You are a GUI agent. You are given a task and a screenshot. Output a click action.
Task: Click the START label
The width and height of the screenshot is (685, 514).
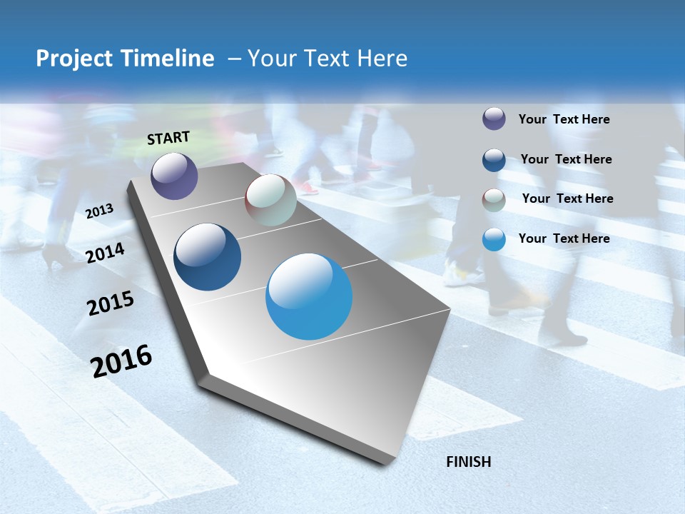pyautogui.click(x=168, y=138)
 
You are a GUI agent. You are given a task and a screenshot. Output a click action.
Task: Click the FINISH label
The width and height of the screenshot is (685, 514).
pyautogui.click(x=469, y=462)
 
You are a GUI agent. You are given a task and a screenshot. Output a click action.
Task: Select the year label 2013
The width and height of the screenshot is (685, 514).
pyautogui.click(x=100, y=211)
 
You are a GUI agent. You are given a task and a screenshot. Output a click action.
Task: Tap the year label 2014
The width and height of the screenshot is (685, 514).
pyautogui.click(x=106, y=253)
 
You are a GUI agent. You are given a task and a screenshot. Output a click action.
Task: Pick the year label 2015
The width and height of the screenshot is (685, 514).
pyautogui.click(x=111, y=303)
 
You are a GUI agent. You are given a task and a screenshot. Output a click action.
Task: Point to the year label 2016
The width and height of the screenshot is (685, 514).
pyautogui.click(x=122, y=361)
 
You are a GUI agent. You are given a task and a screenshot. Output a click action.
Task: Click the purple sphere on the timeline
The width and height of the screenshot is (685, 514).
pyautogui.click(x=174, y=176)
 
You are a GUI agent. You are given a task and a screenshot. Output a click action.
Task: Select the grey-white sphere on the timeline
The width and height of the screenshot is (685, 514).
pyautogui.click(x=270, y=200)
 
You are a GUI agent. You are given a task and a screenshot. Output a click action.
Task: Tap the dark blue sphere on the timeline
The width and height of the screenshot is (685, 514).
pyautogui.click(x=207, y=257)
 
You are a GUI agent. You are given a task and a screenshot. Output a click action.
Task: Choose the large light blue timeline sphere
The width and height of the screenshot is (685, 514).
pyautogui.click(x=309, y=296)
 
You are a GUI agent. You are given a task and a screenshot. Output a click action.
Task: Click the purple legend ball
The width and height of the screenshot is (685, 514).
pyautogui.click(x=494, y=119)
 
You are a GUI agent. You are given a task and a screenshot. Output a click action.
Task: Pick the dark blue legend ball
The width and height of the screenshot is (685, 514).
pyautogui.click(x=494, y=159)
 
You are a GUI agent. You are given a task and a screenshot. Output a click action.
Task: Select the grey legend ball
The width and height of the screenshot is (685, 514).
pyautogui.click(x=494, y=199)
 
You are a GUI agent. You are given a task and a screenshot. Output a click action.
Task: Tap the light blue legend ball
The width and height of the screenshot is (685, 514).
pyautogui.click(x=494, y=239)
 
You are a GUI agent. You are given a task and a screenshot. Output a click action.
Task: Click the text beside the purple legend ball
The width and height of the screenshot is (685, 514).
pyautogui.click(x=564, y=119)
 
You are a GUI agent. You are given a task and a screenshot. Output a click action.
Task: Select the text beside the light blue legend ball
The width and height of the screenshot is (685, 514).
pyautogui.click(x=564, y=238)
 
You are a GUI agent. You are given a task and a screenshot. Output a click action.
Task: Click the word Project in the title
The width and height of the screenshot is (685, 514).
pyautogui.click(x=74, y=59)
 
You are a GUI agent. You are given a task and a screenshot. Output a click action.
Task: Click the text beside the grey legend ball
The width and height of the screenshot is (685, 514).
pyautogui.click(x=567, y=198)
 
